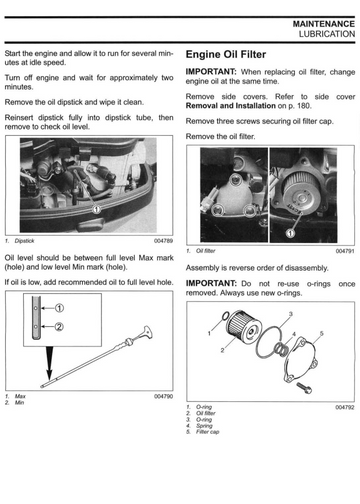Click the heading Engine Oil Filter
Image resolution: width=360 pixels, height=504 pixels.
(226, 54)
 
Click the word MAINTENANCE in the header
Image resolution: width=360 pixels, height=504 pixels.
(324, 24)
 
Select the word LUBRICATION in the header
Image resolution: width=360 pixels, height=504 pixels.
(327, 34)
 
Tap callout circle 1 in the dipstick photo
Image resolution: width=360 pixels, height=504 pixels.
(96, 209)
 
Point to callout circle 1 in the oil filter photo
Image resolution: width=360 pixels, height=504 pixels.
(290, 233)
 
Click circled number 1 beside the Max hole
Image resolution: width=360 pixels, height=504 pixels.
(59, 308)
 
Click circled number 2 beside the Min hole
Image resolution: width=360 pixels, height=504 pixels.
(59, 327)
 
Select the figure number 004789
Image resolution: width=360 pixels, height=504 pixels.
(163, 241)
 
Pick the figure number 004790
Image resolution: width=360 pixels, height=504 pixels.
(163, 396)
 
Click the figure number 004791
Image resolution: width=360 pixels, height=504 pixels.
(345, 251)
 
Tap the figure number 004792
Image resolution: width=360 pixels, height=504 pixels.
(345, 407)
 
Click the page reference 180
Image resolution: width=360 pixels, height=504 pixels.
(303, 106)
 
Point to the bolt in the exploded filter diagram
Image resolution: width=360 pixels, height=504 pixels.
(304, 387)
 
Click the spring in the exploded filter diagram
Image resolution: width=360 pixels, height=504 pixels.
(281, 349)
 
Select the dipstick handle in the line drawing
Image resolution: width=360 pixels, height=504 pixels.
(147, 332)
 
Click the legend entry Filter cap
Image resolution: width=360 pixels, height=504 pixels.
(207, 432)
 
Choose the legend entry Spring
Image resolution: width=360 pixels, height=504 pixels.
(204, 426)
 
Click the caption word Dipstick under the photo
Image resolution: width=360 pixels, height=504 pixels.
(24, 241)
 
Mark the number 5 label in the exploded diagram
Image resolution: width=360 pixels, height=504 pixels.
(322, 333)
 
